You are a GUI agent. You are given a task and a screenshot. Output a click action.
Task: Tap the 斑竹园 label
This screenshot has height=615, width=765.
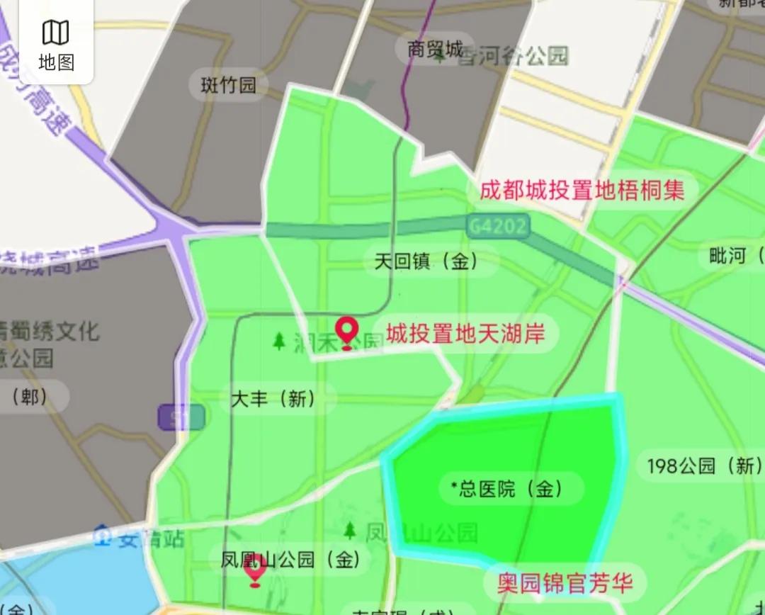coord(228,86)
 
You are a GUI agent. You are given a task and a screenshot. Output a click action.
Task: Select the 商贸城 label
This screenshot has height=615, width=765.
coord(434,49)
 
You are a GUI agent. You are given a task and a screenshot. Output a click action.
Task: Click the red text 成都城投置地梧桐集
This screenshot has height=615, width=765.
coord(582,190)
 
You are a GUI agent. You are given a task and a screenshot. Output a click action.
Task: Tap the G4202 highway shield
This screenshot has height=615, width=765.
coord(498,226)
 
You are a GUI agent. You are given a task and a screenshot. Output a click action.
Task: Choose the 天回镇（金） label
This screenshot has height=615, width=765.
coord(426,261)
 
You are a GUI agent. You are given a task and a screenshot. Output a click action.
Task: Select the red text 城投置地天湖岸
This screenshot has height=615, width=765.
coord(465,333)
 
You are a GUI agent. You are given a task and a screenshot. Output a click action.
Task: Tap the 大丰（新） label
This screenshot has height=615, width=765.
coord(273,399)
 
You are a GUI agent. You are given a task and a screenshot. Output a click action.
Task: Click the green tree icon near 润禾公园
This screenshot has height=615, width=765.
coord(280,342)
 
